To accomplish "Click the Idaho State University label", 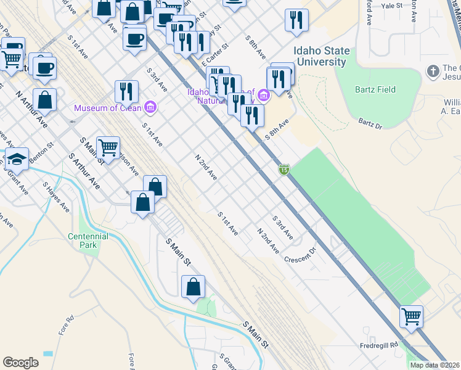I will [322, 57].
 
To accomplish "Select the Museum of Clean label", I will [108, 108].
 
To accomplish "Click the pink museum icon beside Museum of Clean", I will [150, 108].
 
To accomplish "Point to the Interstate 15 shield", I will [284, 169].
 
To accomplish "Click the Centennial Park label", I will [88, 240].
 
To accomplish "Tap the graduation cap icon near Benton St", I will [16, 158].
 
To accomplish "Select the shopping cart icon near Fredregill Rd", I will [410, 316].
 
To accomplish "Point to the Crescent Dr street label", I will [300, 255].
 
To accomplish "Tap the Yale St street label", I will [391, 5].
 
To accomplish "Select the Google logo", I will [20, 363].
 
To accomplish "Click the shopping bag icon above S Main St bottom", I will [193, 287].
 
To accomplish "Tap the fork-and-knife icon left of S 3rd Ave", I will [126, 91].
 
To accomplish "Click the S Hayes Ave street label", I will [55, 197].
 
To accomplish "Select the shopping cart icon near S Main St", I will [108, 147].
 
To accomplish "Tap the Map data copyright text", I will [434, 365].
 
